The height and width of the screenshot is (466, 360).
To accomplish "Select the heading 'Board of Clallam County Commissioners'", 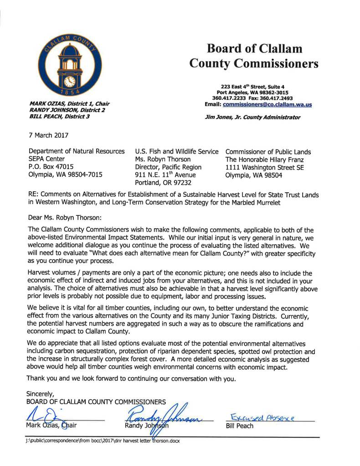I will pyautogui.click(x=254, y=56).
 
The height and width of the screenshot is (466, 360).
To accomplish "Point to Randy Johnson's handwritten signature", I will pyautogui.click(x=164, y=414).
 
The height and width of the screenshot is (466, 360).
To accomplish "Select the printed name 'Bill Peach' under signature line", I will pyautogui.click(x=240, y=426).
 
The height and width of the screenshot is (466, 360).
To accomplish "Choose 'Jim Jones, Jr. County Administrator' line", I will pyautogui.click(x=253, y=117).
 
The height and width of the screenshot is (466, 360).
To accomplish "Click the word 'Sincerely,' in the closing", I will pyautogui.click(x=41, y=393).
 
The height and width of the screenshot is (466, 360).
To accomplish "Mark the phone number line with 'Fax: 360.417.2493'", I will pyautogui.click(x=252, y=98).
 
